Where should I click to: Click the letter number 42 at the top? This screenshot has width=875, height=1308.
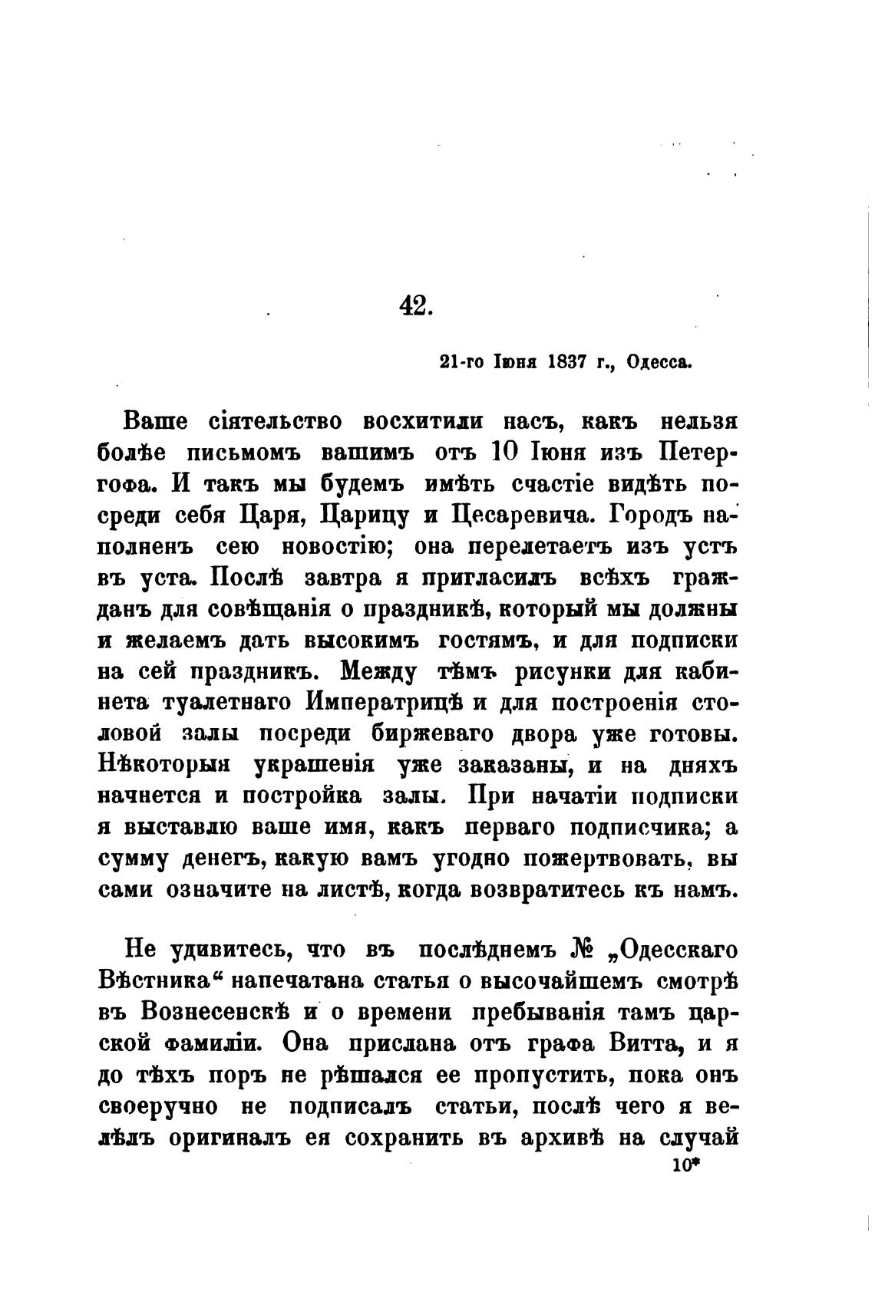click(x=417, y=306)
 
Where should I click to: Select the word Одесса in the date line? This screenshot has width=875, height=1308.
click(x=659, y=361)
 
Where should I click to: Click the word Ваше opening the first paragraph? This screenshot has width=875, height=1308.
click(x=154, y=421)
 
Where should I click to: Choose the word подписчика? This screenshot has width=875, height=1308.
click(x=634, y=828)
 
